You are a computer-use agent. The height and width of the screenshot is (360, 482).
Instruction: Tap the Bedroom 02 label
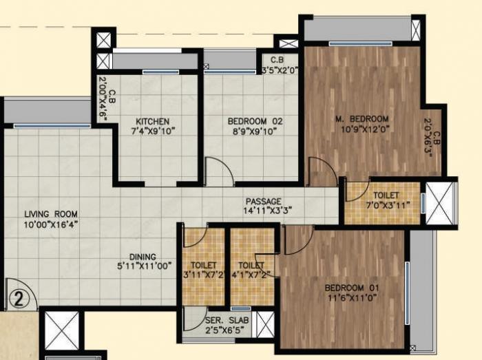pos(255,121)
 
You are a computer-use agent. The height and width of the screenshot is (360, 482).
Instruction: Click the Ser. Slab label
pos(220,321)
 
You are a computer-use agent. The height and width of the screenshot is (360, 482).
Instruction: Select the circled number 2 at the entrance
pos(19,298)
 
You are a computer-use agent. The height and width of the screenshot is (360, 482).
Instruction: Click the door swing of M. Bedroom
pos(319,171)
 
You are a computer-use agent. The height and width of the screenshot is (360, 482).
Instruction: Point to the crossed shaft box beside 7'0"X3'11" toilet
pos(440,203)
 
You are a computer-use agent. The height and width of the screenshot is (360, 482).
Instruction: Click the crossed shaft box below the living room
pos(62,331)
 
